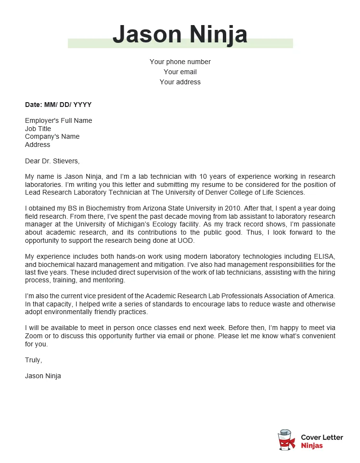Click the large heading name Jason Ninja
click(180, 34)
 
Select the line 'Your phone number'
click(180, 62)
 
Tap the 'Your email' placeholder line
click(180, 72)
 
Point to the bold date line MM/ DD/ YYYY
click(58, 105)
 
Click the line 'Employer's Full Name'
click(59, 120)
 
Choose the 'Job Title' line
click(38, 129)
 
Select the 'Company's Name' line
click(52, 136)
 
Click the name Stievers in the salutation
click(64, 161)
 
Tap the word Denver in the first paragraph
click(223, 192)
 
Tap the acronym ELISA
click(324, 256)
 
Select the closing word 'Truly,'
click(34, 360)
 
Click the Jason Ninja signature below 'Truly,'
click(43, 376)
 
